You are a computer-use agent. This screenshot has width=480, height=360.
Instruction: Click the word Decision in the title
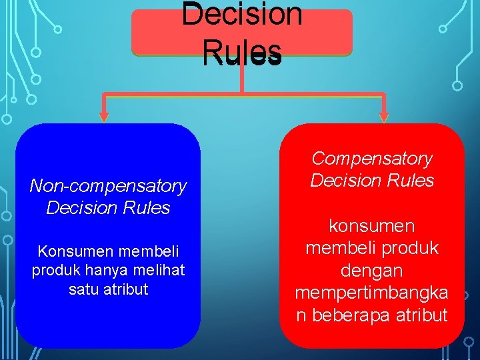(241, 15)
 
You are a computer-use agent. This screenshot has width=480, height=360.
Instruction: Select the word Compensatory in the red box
(372, 159)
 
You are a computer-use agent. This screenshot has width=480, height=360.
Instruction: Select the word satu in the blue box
(84, 289)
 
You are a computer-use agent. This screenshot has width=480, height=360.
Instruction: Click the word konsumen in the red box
(372, 225)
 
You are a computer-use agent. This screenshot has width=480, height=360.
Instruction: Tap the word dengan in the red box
(372, 270)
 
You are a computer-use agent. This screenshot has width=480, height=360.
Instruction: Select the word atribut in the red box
(418, 315)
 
